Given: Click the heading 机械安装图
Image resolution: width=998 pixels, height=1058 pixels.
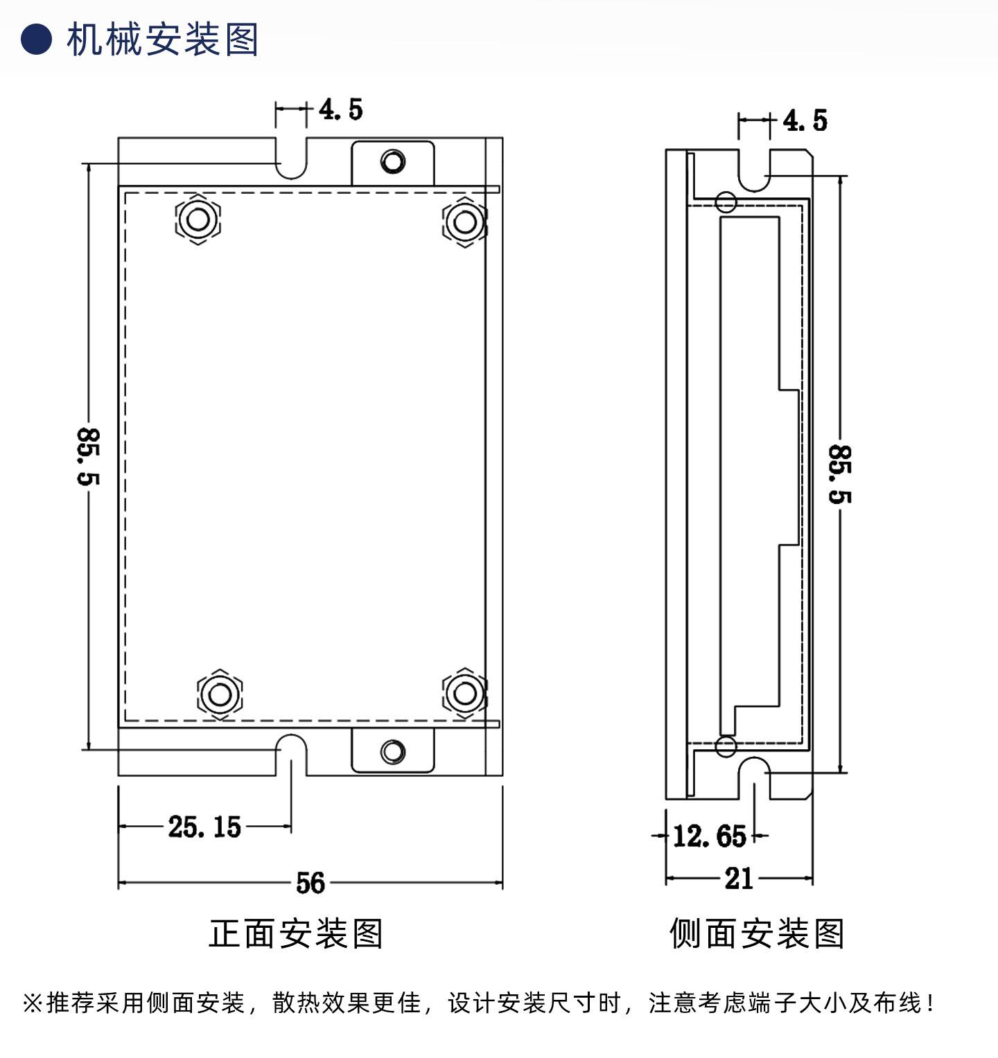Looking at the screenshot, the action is pos(162,39).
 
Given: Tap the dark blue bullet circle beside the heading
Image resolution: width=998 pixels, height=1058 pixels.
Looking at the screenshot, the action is pos(36,39).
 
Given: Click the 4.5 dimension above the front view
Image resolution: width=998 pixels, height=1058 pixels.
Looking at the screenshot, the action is pos(341,109).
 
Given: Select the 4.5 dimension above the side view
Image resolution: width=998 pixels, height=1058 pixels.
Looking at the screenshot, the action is pos(805,120).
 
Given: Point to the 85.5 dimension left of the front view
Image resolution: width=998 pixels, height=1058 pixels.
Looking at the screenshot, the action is pos(88,456).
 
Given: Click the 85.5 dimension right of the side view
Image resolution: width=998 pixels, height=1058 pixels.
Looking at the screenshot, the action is pos(840,474).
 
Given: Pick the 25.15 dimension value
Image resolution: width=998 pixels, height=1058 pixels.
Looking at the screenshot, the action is pos(204,827).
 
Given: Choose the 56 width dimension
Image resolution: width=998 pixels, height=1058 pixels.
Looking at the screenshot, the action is pos(310,883).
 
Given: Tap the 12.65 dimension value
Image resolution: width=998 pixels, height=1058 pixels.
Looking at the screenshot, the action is pos(710,836).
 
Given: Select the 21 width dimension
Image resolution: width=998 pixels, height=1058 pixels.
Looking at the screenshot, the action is pos(739,879).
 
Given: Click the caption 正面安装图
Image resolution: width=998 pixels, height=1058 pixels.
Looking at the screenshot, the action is pos(296,933).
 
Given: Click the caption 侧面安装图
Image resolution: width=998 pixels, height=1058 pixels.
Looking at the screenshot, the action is pos(757,933).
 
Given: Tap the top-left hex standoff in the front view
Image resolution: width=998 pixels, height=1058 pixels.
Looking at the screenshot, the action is pos(198,219).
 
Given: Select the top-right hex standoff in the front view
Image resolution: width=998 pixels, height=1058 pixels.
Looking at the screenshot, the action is pos(464,222).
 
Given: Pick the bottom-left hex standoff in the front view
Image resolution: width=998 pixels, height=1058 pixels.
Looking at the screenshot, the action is pos(220,693).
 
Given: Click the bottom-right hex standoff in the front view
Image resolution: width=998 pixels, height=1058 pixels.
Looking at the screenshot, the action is pos(464,692).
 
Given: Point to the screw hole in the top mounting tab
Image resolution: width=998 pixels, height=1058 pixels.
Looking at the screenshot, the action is pos(393,162).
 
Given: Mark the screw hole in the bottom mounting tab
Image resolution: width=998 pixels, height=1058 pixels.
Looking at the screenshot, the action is pos(393,752).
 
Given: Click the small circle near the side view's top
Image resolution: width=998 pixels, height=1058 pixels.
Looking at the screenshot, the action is pos(726,202).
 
